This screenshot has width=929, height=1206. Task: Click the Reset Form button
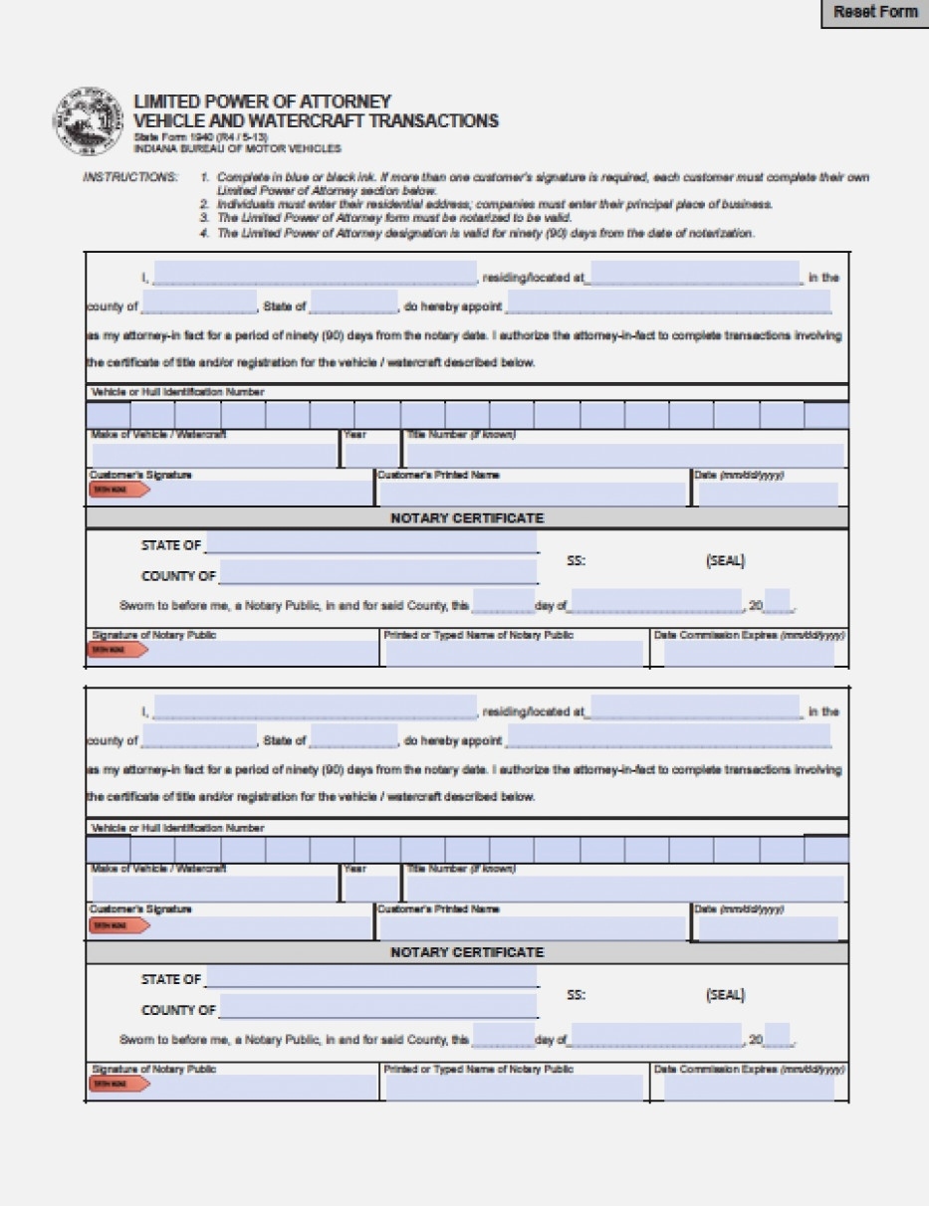874,13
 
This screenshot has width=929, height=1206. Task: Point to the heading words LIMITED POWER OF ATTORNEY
262,102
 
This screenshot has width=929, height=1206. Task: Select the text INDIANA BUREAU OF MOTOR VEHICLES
237,149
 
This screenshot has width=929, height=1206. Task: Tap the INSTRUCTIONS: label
130,177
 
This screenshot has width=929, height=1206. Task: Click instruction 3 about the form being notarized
394,218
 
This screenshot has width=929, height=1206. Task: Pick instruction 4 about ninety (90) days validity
485,233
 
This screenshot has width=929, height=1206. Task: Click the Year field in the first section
370,456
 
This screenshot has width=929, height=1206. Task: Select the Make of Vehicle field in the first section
213,456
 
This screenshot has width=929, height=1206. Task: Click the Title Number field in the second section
624,889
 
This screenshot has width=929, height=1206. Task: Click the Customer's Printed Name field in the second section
533,928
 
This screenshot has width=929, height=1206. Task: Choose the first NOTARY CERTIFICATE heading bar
466,518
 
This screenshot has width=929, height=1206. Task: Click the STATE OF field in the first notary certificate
371,544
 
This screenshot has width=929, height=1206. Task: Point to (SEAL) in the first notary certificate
725,560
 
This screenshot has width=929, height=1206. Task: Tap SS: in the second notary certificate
576,995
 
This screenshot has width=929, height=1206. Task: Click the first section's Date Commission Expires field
749,654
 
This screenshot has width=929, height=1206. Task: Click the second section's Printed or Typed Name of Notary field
514,1088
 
